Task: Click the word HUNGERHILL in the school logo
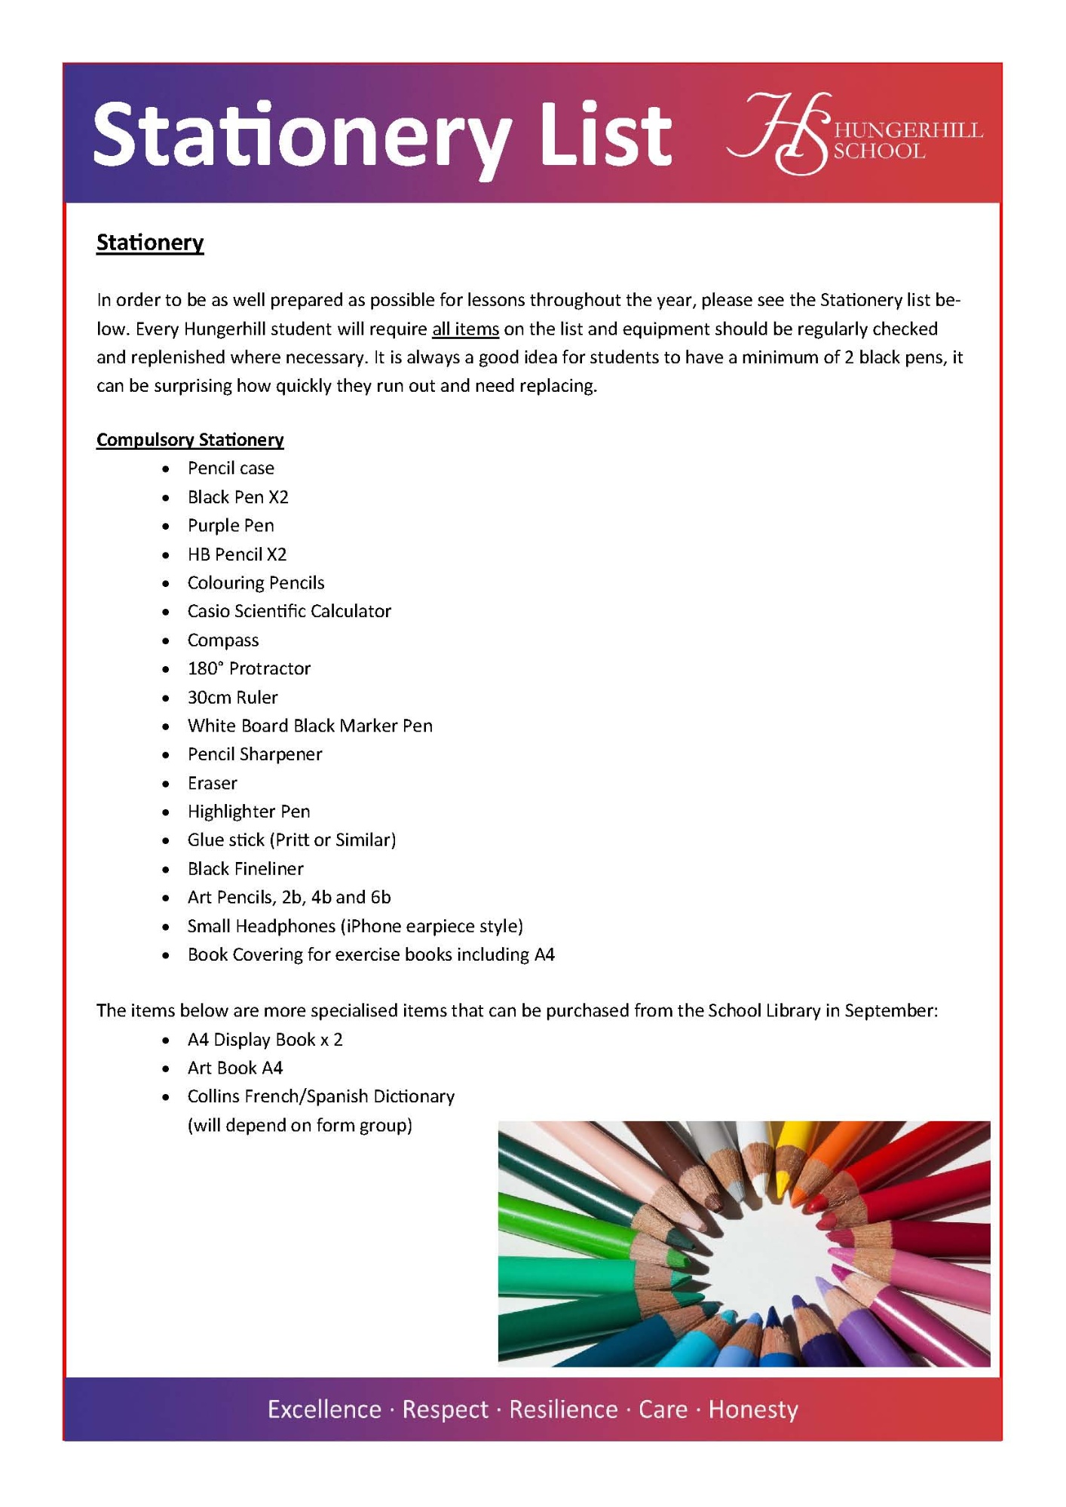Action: [908, 130]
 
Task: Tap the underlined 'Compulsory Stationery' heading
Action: [190, 440]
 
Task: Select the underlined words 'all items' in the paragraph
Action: [465, 329]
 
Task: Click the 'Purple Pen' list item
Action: [231, 526]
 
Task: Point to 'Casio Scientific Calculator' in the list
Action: [289, 611]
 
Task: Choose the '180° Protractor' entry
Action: [249, 668]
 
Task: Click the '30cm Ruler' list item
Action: [232, 697]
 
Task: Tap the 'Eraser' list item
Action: [213, 784]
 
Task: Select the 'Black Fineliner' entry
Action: [246, 869]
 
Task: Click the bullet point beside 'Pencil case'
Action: [166, 469]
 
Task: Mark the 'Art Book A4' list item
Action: [235, 1068]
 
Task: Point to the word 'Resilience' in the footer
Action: [563, 1409]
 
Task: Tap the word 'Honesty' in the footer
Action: [753, 1409]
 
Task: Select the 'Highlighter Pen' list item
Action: [249, 812]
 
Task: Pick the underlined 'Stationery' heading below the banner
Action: [150, 243]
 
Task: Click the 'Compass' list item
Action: [223, 640]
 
